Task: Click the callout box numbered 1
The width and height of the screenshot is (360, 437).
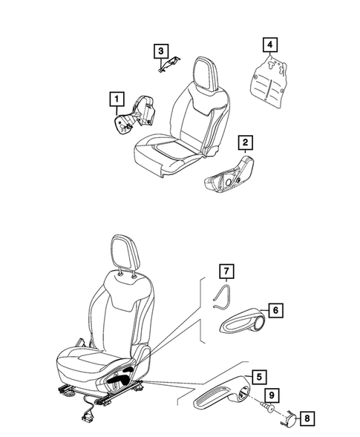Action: tap(115, 97)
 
